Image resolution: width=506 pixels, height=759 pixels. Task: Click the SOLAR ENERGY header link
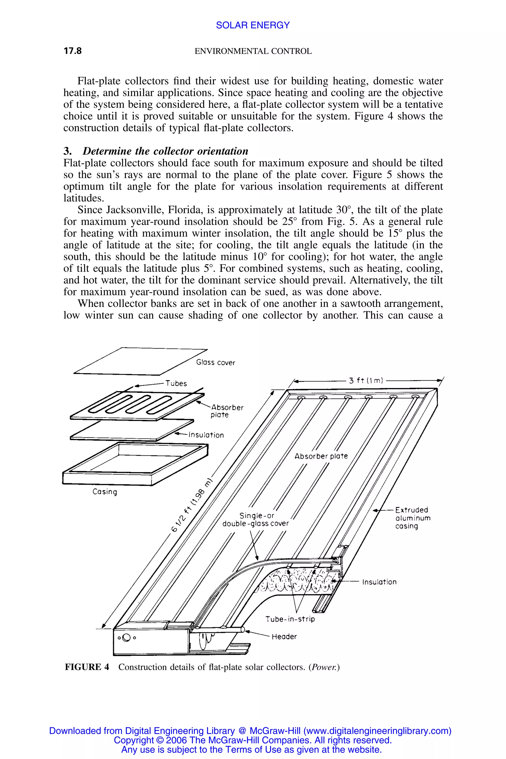(253, 25)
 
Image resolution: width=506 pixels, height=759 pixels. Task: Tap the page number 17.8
(73, 51)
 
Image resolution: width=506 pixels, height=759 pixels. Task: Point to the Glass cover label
(215, 362)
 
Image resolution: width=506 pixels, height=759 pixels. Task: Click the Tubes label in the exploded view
(176, 383)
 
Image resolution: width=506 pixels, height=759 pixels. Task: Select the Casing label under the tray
(105, 492)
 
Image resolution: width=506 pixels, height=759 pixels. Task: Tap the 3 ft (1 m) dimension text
(366, 380)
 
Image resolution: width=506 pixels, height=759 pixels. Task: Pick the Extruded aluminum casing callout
(412, 518)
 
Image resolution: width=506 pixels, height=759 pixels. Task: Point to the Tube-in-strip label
(290, 619)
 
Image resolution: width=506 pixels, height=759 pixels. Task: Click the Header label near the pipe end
(284, 636)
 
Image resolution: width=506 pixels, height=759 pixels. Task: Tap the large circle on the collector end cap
(126, 638)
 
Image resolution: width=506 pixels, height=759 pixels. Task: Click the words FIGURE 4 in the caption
(87, 667)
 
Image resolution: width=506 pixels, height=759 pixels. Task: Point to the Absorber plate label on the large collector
(321, 456)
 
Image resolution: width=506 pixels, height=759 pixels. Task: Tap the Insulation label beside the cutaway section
(379, 582)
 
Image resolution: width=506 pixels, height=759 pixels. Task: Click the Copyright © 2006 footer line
(253, 740)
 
